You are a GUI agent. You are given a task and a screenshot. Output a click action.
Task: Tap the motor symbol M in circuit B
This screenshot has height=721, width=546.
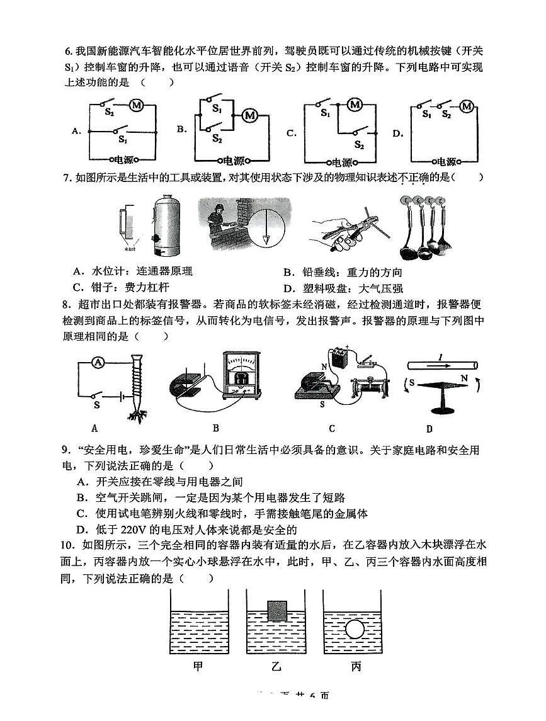(250, 115)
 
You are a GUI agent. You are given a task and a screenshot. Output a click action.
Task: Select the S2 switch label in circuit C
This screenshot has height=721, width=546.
(358, 145)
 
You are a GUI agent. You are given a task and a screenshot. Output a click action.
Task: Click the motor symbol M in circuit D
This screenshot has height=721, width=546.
(466, 106)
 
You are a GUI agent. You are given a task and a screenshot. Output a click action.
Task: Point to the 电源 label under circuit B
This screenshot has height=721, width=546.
(234, 160)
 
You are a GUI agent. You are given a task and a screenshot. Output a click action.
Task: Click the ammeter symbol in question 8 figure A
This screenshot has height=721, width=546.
(97, 361)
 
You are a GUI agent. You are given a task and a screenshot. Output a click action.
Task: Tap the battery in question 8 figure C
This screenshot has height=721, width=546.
(341, 360)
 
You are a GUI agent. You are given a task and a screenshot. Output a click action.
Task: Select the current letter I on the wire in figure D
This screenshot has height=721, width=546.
(439, 357)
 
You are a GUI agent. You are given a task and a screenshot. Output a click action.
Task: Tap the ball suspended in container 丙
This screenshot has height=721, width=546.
(355, 628)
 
